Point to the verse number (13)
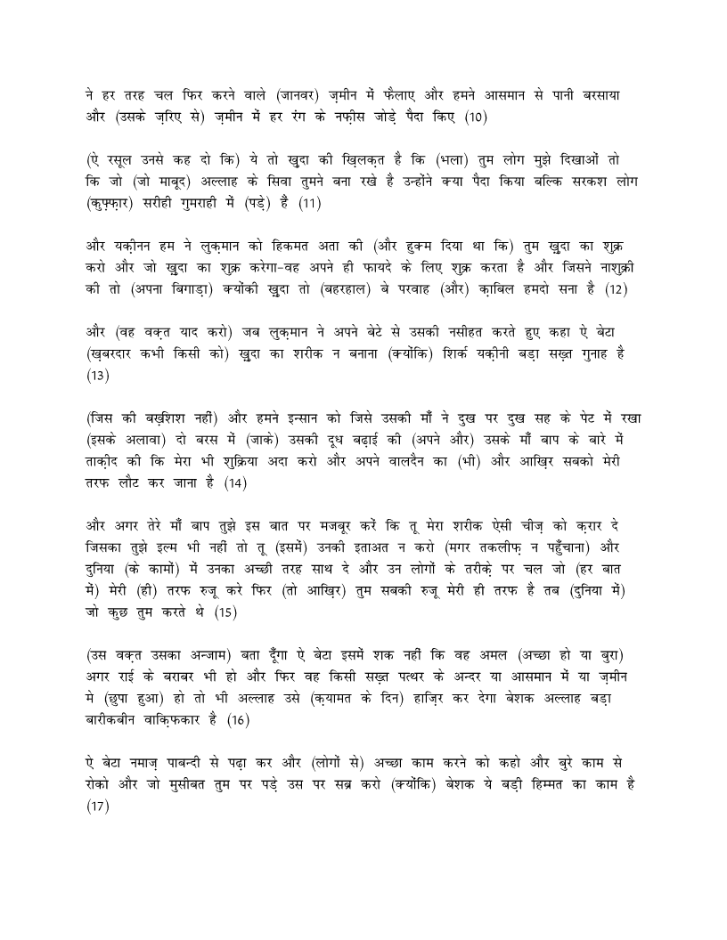pyautogui.click(x=97, y=375)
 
